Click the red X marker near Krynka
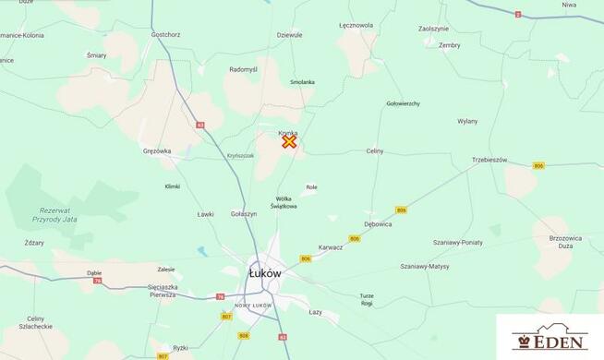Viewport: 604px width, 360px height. click(289, 141)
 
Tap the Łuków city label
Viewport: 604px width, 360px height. click(265, 273)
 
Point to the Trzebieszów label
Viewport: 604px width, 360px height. click(489, 160)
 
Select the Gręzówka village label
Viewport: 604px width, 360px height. click(157, 150)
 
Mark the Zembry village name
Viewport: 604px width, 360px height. click(449, 44)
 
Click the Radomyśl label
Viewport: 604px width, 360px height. click(245, 69)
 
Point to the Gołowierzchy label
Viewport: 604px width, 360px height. click(404, 103)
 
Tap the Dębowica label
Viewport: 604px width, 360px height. click(378, 223)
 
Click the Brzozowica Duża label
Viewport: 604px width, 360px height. click(568, 242)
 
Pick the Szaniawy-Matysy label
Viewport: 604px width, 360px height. click(425, 266)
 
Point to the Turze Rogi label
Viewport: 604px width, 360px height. click(367, 299)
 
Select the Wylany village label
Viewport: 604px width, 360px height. click(467, 121)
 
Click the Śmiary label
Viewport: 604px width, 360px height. click(97, 54)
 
